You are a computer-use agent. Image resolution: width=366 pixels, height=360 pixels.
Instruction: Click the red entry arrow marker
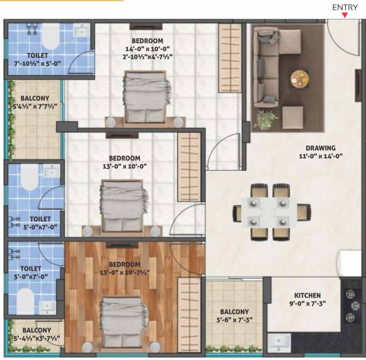tap(345, 15)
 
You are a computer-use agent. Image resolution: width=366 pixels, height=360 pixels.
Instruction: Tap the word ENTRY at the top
tap(345, 7)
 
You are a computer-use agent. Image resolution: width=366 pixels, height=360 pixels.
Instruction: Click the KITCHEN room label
tap(307, 295)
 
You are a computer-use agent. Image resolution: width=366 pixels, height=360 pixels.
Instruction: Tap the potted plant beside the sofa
tap(266, 119)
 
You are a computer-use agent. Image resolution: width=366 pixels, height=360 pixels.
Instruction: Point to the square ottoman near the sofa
tap(292, 117)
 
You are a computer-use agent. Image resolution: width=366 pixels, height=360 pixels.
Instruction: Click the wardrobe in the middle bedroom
tap(189, 166)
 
